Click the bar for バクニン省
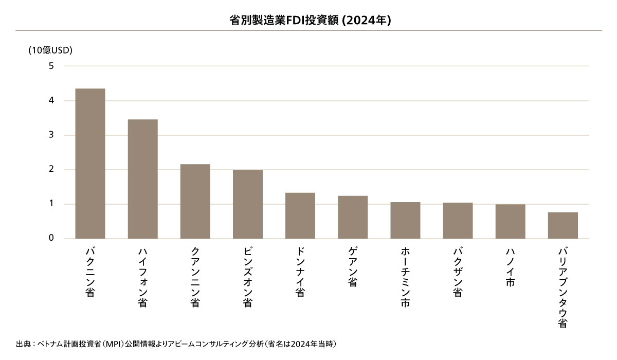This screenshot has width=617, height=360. [x=90, y=164]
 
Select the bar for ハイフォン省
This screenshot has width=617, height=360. [x=142, y=179]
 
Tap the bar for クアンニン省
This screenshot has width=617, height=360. [x=195, y=201]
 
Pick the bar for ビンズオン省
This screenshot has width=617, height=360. [x=247, y=204]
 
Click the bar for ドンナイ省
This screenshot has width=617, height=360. [x=300, y=215]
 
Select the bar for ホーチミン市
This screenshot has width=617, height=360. [x=405, y=220]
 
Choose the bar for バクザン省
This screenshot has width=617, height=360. [x=458, y=221]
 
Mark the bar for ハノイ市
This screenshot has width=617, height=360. [x=510, y=221]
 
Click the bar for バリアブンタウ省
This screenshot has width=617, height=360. [x=562, y=225]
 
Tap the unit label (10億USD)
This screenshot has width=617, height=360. [x=50, y=50]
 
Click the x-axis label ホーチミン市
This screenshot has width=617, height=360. [x=405, y=278]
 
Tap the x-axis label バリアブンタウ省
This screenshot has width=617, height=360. [x=562, y=287]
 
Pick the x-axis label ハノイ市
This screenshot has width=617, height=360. [x=510, y=267]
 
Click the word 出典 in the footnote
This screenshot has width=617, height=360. [x=24, y=344]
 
